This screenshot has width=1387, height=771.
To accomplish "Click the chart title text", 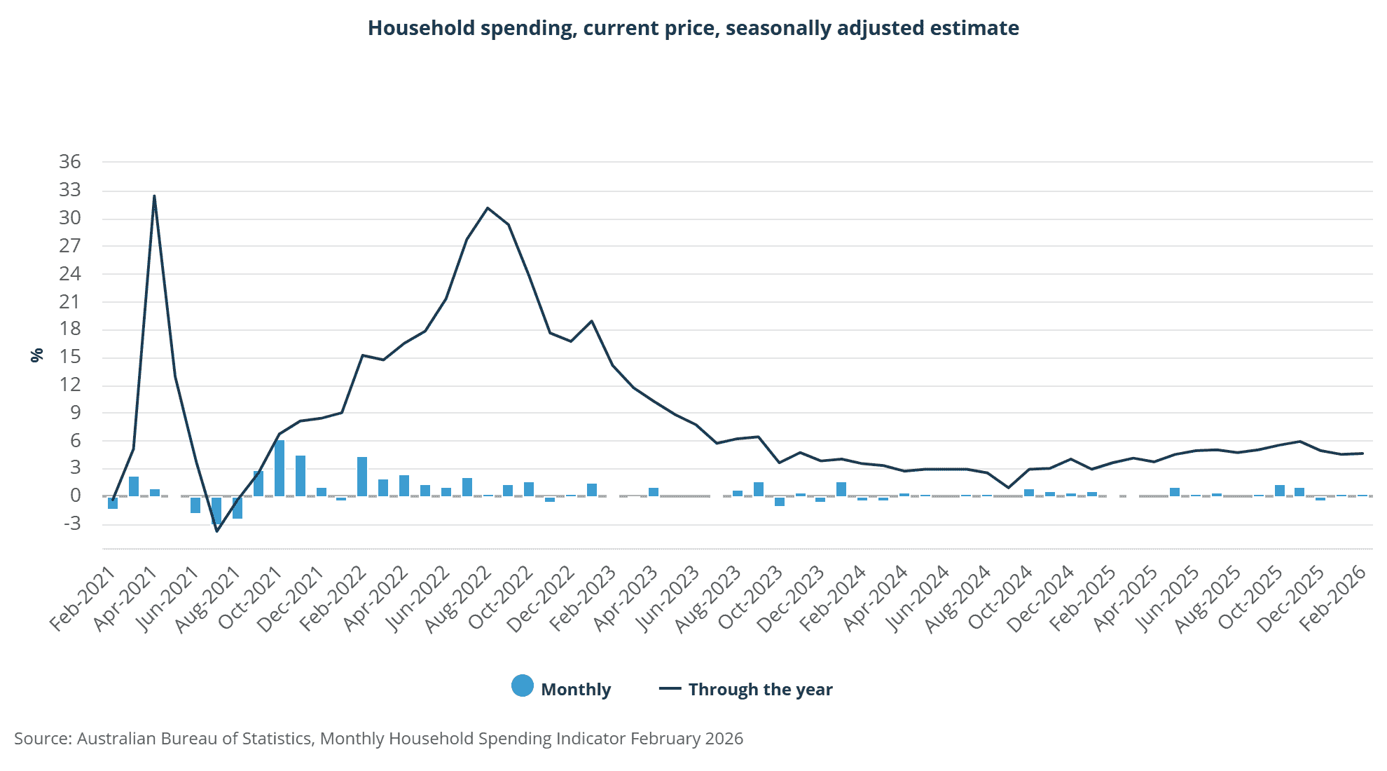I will pos(693,28).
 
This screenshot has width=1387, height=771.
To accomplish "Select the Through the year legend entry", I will pos(746,689).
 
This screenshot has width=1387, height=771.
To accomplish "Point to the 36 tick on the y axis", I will pos(70,162).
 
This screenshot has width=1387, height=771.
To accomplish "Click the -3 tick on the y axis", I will pos(70,524).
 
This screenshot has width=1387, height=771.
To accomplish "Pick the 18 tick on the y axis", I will pos(70,329).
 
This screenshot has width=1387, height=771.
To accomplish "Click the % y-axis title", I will pos(37,355).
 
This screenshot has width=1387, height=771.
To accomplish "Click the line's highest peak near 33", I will pos(154,196).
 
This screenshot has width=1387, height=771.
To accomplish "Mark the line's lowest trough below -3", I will pos(216,531).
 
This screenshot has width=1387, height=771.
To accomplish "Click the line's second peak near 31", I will pos(488,208).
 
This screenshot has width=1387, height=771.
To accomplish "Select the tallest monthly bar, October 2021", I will pos(280,468).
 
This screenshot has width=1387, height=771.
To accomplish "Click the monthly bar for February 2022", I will pos(362,477).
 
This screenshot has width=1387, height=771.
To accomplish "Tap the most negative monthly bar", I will pos(216,510).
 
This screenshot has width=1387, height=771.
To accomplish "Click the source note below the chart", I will pos(378,738).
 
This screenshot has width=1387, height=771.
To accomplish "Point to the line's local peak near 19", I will pos(592,321).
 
